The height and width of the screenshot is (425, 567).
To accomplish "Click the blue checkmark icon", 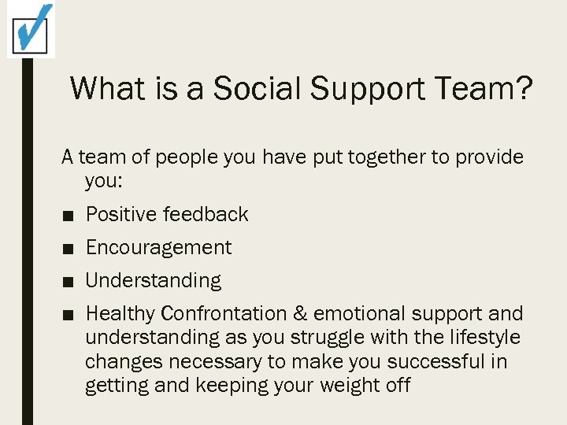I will pyautogui.click(x=32, y=29).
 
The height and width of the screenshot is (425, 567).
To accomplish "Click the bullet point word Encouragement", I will pyautogui.click(x=158, y=248).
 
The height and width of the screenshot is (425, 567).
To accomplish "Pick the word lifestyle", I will pyautogui.click(x=481, y=338).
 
